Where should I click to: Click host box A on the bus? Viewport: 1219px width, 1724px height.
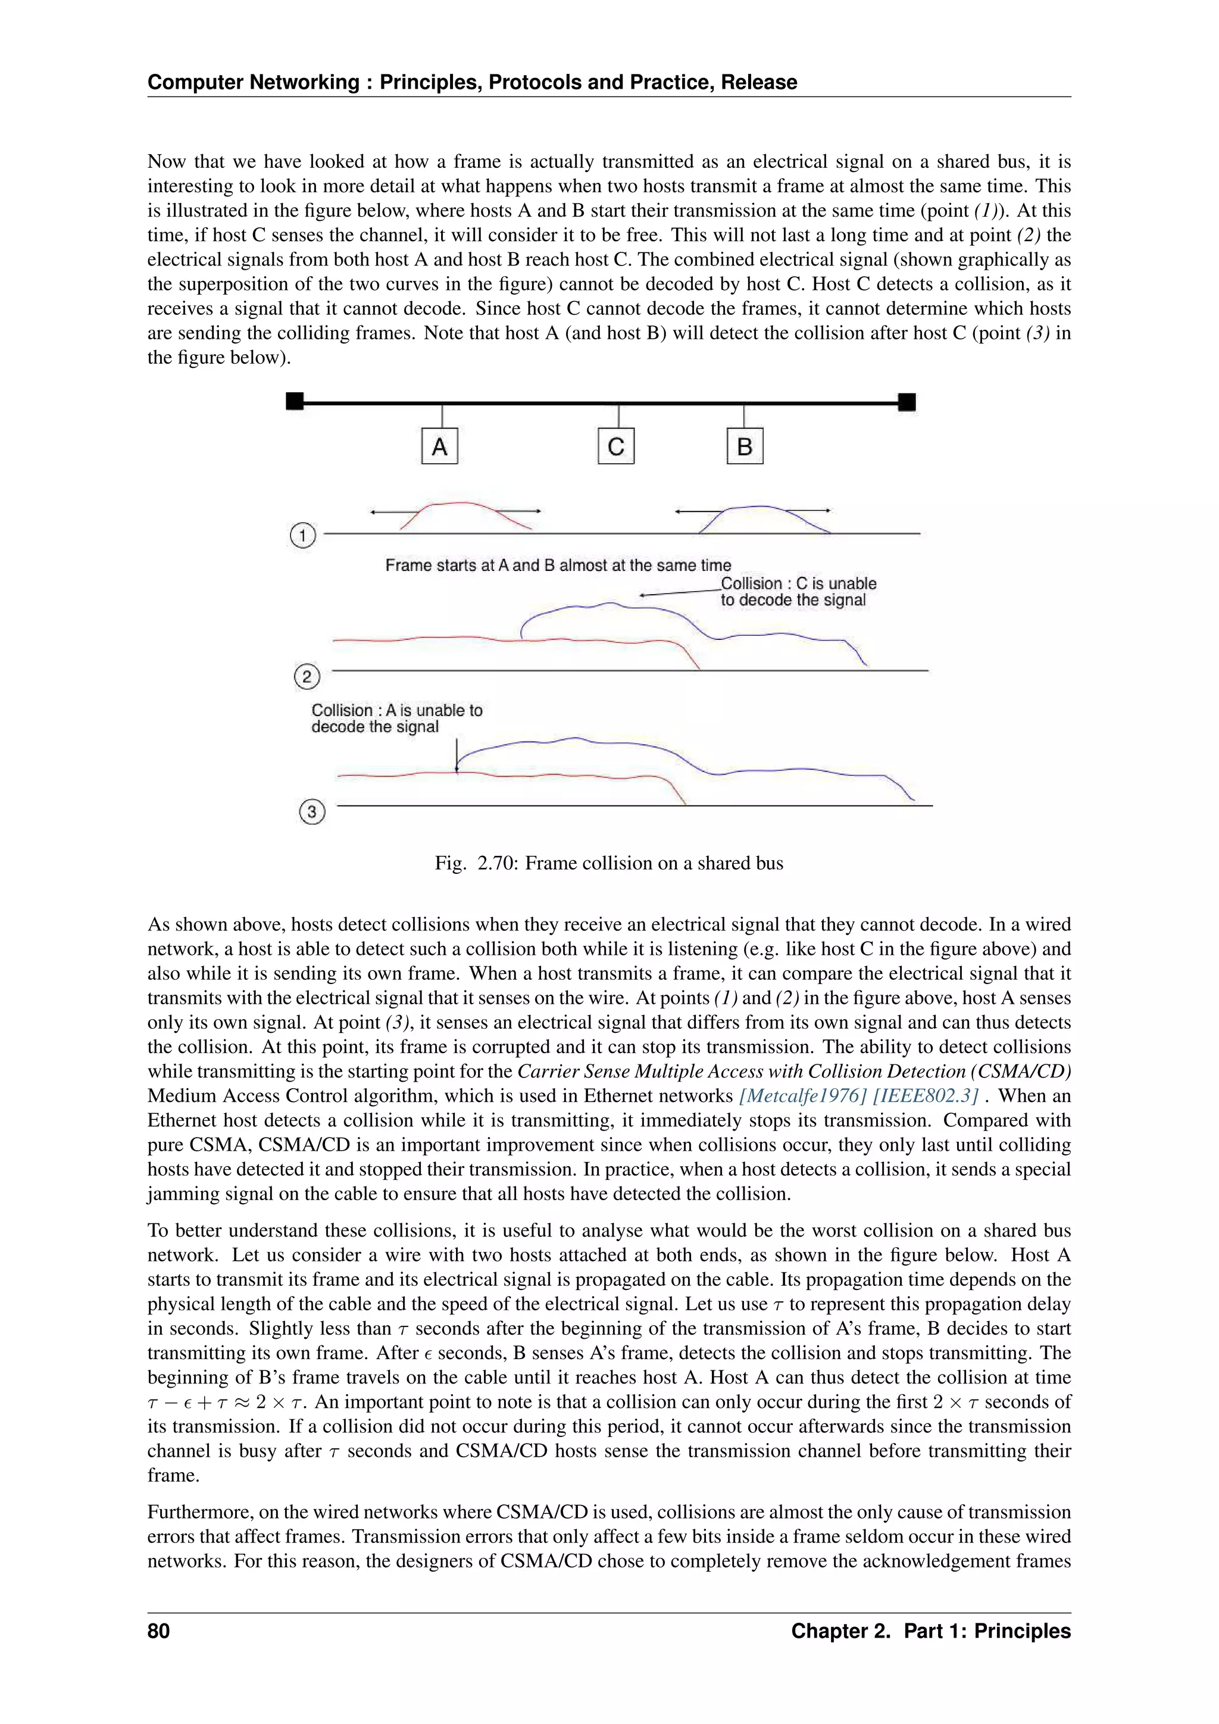440,446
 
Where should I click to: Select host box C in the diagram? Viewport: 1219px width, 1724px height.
616,446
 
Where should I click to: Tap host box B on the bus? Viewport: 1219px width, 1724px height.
745,446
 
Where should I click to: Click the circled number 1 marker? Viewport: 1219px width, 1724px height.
302,535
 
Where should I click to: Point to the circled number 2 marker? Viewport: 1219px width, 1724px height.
307,676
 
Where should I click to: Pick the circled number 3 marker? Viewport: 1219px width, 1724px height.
311,811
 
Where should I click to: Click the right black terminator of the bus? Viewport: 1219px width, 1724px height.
907,402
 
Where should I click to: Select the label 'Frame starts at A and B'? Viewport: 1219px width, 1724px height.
558,566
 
